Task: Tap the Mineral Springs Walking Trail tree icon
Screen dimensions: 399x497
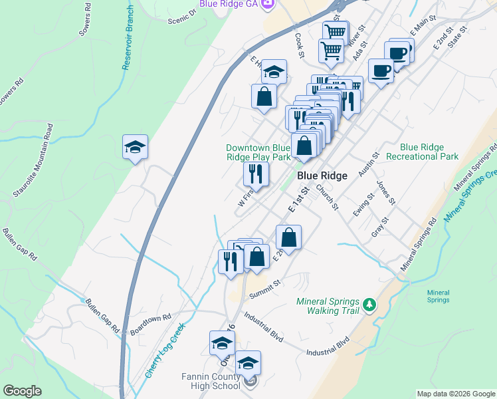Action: tap(370, 305)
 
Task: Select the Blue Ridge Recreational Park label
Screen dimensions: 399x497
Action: tap(430, 152)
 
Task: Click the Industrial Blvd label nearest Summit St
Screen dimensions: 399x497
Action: tap(264, 328)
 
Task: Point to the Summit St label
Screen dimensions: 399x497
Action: tap(265, 289)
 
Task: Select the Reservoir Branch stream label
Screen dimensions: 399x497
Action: tap(128, 39)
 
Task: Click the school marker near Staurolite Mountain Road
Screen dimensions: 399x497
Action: tap(135, 148)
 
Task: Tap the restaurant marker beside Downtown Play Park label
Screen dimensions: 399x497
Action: tap(256, 174)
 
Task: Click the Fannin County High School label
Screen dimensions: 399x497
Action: tap(211, 381)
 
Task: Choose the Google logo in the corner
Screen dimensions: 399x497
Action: tap(23, 391)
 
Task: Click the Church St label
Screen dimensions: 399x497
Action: tap(327, 198)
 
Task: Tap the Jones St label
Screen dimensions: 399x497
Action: tap(386, 192)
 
